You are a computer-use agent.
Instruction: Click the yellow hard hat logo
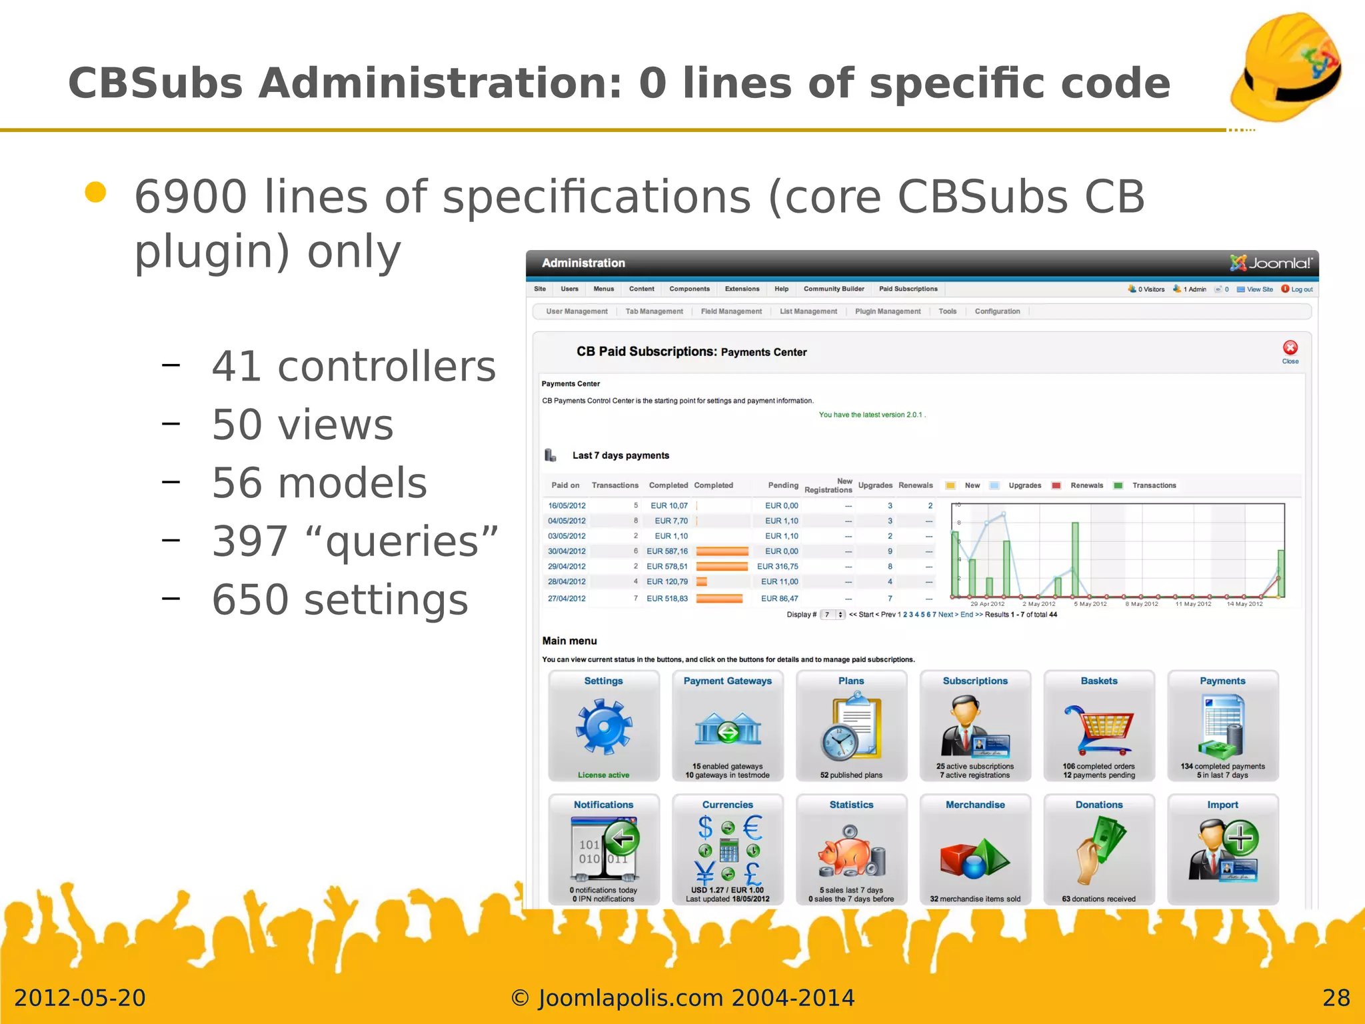pos(1286,67)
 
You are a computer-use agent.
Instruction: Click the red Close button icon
pos(1290,347)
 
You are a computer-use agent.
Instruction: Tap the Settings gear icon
pos(604,727)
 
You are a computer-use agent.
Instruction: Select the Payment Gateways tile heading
pos(727,681)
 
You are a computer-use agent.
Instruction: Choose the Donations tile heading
pos(1098,805)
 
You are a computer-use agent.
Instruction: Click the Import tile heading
pos(1222,805)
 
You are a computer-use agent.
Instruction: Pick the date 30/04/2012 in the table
pos(567,551)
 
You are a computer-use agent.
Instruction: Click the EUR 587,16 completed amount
pos(667,551)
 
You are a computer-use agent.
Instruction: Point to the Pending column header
pos(782,485)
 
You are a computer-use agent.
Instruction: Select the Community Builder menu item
pos(834,289)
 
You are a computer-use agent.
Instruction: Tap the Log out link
pos(1301,289)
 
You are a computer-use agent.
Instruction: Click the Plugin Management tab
pos(888,311)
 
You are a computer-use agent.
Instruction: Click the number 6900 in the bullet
pos(191,197)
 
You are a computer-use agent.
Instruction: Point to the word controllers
pos(387,367)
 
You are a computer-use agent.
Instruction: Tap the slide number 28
pos(1336,998)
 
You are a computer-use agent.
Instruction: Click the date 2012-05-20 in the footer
pos(80,998)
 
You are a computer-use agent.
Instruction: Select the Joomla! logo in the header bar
pos(1270,263)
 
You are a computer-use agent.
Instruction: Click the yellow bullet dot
pos(96,193)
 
